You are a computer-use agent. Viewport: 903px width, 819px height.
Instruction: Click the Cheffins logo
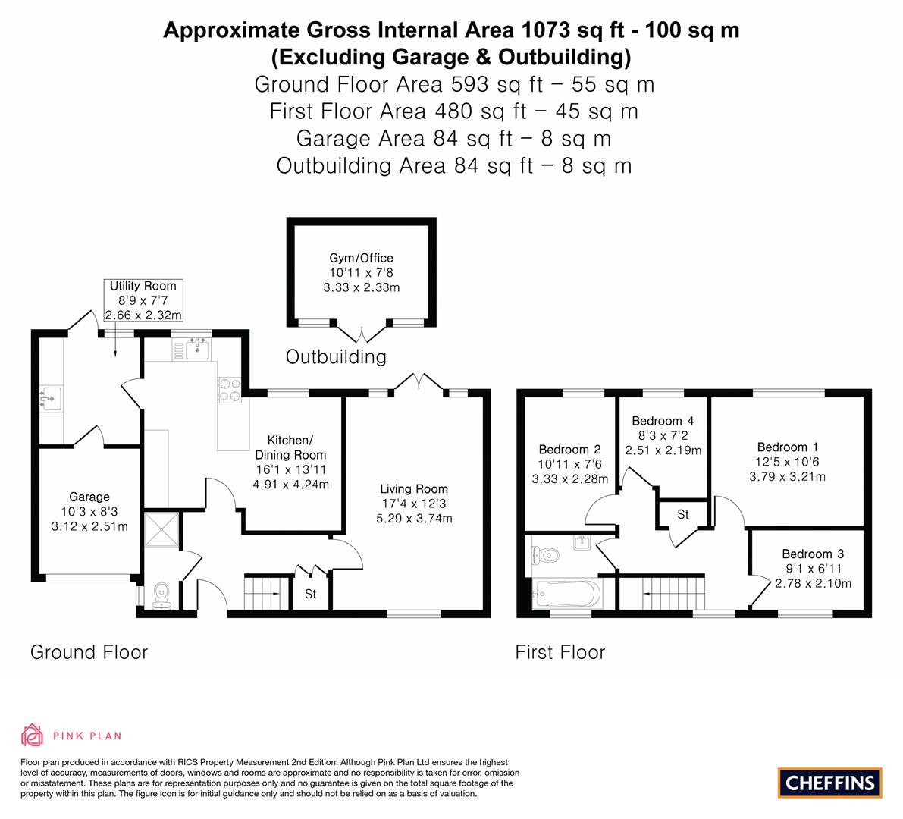[x=830, y=783]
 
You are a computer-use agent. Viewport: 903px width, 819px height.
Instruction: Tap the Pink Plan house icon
[x=32, y=735]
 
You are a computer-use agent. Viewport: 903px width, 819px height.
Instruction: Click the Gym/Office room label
[x=361, y=258]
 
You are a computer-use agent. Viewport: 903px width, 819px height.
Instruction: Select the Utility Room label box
[x=143, y=300]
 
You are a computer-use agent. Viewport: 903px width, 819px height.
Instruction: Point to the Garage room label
[x=89, y=497]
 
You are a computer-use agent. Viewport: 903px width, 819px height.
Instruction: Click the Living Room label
[x=414, y=489]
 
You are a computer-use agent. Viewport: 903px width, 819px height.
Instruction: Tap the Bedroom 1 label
[x=787, y=447]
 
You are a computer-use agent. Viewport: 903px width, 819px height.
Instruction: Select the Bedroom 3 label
[x=812, y=554]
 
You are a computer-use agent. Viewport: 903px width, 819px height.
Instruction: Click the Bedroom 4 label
[x=662, y=421]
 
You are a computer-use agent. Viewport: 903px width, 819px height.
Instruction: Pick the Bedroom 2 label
[x=569, y=450]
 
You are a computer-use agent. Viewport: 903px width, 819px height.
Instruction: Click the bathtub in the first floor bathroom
[x=567, y=593]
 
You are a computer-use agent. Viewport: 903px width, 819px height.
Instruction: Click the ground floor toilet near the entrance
[x=161, y=596]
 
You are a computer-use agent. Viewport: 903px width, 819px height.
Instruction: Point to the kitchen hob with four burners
[x=230, y=389]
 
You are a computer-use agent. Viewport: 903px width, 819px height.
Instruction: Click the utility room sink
[x=52, y=398]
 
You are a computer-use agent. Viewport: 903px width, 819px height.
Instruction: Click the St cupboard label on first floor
[x=682, y=514]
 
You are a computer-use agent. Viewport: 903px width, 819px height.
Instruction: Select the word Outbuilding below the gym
[x=336, y=356]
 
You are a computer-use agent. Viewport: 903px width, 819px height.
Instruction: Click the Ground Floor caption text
[x=89, y=651]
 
